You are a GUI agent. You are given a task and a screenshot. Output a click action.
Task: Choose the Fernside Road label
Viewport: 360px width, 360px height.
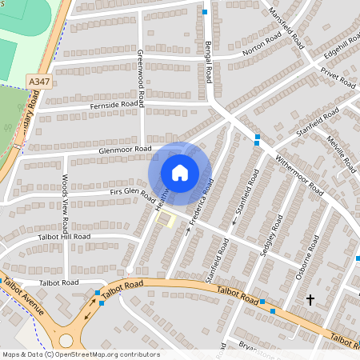coord(118,104)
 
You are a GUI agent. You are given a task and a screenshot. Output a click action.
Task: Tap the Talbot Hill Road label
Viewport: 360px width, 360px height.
coord(63,237)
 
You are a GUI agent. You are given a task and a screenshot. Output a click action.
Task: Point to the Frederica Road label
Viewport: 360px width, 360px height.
coord(201,199)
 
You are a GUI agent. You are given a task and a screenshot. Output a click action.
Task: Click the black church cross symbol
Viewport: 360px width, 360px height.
coord(310,299)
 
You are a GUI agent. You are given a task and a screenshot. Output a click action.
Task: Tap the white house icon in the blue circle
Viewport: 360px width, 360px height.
coord(180,172)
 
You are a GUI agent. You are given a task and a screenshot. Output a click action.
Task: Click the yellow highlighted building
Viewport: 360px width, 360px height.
coord(166,218)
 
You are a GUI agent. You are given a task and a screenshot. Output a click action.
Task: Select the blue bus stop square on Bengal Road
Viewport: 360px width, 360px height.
coord(206,12)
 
